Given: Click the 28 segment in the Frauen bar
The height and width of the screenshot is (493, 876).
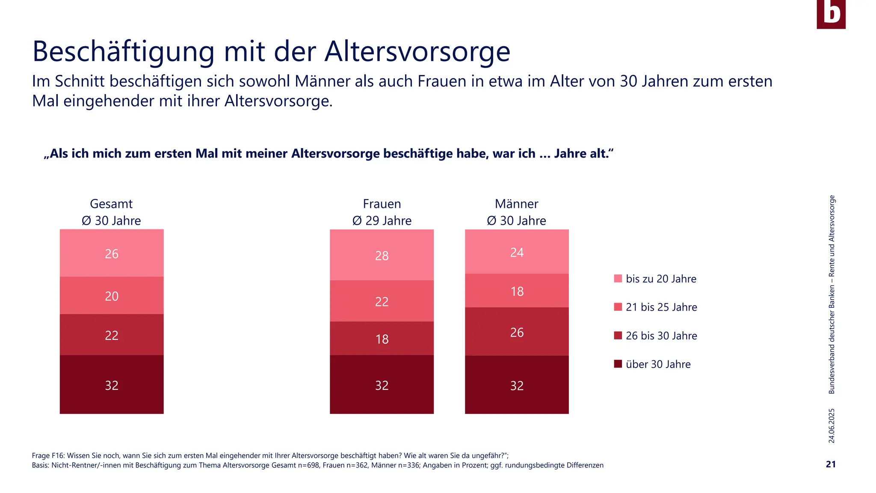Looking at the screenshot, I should click(x=382, y=255).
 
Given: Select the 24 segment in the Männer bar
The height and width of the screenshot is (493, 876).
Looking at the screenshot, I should click(x=517, y=252).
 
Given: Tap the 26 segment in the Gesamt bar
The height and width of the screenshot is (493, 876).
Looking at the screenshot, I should click(x=112, y=253).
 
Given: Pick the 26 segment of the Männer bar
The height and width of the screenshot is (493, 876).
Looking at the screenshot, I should click(x=517, y=332).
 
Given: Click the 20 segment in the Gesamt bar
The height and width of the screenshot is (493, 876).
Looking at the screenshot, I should click(x=112, y=296).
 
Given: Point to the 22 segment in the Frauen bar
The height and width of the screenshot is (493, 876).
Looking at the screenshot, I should click(x=382, y=301).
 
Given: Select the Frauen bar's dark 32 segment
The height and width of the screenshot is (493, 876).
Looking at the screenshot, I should click(x=382, y=385).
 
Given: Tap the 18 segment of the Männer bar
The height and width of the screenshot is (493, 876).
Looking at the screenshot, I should click(x=517, y=291).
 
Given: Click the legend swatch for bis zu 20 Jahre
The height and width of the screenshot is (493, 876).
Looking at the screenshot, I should click(x=618, y=279).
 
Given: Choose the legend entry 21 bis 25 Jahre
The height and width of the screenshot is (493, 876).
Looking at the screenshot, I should click(x=661, y=307).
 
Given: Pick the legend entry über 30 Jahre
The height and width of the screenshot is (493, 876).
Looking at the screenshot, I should click(x=658, y=364).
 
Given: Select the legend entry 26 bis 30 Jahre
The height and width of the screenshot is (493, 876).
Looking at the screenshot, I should click(x=661, y=336).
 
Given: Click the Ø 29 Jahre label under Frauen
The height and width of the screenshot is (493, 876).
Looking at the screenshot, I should click(x=382, y=221).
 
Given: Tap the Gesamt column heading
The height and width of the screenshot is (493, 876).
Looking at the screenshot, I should click(x=111, y=204).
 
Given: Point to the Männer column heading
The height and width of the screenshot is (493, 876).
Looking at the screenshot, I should click(x=516, y=204).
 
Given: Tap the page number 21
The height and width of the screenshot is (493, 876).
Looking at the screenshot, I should click(x=830, y=464).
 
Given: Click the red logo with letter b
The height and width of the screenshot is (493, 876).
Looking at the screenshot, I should click(x=831, y=14).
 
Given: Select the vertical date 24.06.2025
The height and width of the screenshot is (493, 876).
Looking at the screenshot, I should click(x=831, y=425).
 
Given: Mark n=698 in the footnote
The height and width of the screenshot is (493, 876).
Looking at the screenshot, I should click(x=308, y=465).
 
